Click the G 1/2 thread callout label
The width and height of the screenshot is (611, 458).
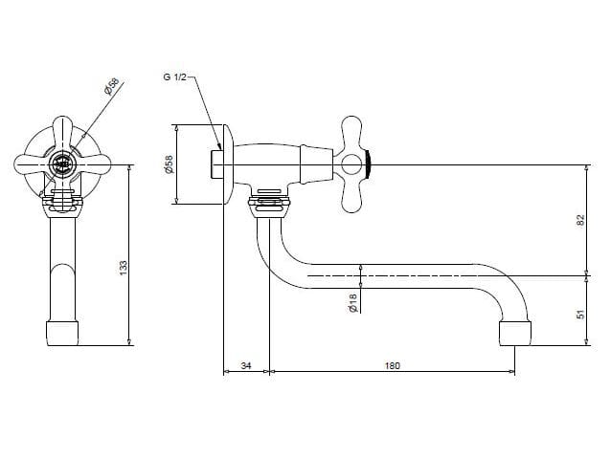(x=174, y=77)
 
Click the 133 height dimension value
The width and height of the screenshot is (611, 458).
(x=124, y=268)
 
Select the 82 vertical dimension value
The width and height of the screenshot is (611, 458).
(x=580, y=220)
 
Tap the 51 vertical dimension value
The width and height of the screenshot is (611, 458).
(x=580, y=315)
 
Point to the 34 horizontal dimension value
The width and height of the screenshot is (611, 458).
(x=246, y=366)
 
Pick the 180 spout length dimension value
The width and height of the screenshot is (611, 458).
(x=393, y=366)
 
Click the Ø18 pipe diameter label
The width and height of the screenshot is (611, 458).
(x=352, y=303)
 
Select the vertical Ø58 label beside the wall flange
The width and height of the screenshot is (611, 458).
(x=169, y=164)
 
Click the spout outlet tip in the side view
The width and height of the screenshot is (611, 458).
(x=515, y=334)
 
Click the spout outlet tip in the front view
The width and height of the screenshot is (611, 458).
(x=62, y=334)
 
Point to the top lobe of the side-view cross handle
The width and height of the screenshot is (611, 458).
(x=351, y=133)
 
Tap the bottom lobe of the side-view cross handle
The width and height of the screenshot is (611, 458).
(x=351, y=196)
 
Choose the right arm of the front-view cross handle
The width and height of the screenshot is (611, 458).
(x=94, y=164)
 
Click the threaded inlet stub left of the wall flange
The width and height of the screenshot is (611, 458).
(x=217, y=164)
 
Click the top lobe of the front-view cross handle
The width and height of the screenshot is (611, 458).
(x=63, y=133)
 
